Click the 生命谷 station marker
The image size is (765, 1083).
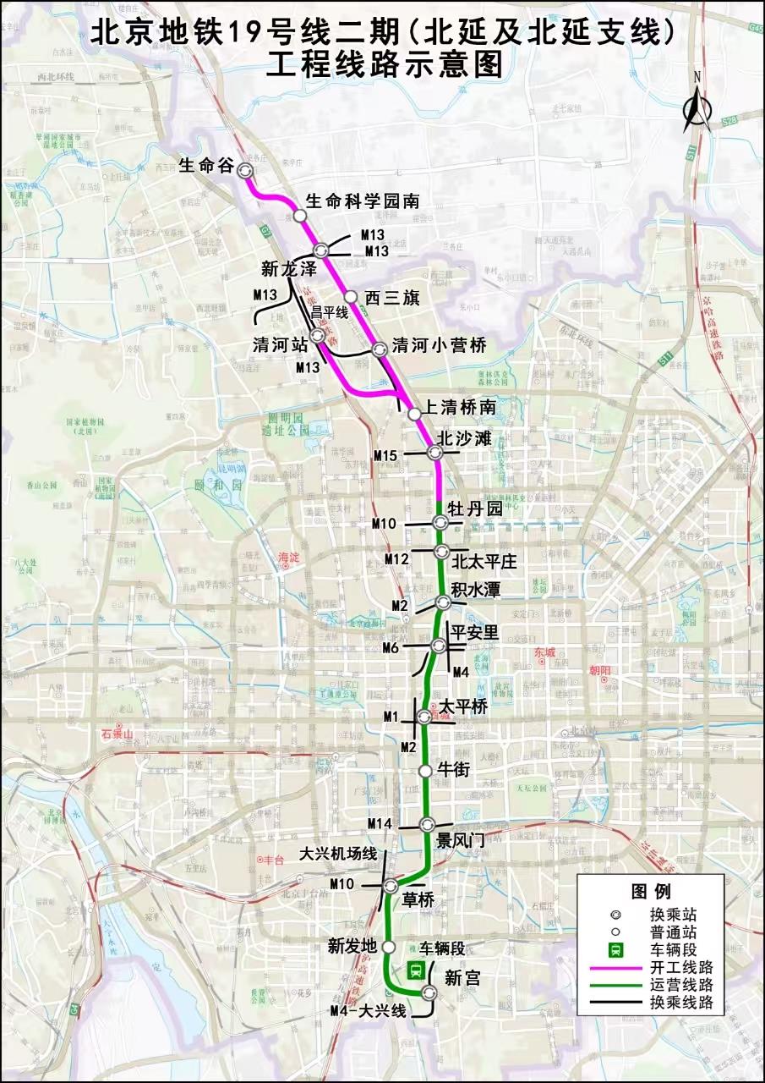(x=245, y=169)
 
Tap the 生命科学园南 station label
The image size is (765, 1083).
(x=362, y=201)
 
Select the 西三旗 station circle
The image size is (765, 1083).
(x=350, y=296)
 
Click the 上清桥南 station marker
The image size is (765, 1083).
(x=414, y=414)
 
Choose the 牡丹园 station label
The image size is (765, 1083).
(x=475, y=509)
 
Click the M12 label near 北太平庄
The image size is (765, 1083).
(x=396, y=559)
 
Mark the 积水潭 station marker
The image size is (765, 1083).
(x=442, y=602)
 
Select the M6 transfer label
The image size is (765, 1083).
(x=390, y=648)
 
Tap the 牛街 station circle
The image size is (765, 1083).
(x=426, y=770)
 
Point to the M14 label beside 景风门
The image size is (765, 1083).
(x=380, y=824)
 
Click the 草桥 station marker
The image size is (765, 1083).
(x=391, y=886)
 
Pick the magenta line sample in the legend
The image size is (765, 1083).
(x=615, y=967)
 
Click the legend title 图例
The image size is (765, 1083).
(x=650, y=891)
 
